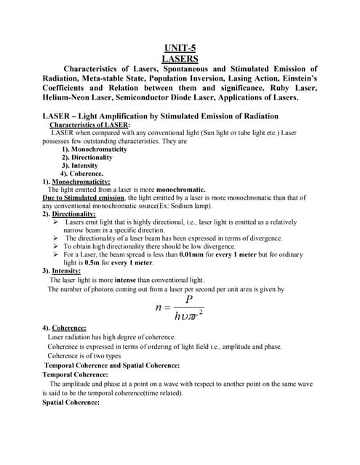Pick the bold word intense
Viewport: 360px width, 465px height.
[121, 280]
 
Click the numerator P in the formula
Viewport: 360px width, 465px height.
[188, 299]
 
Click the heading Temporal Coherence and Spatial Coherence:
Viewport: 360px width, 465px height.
[112, 365]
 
